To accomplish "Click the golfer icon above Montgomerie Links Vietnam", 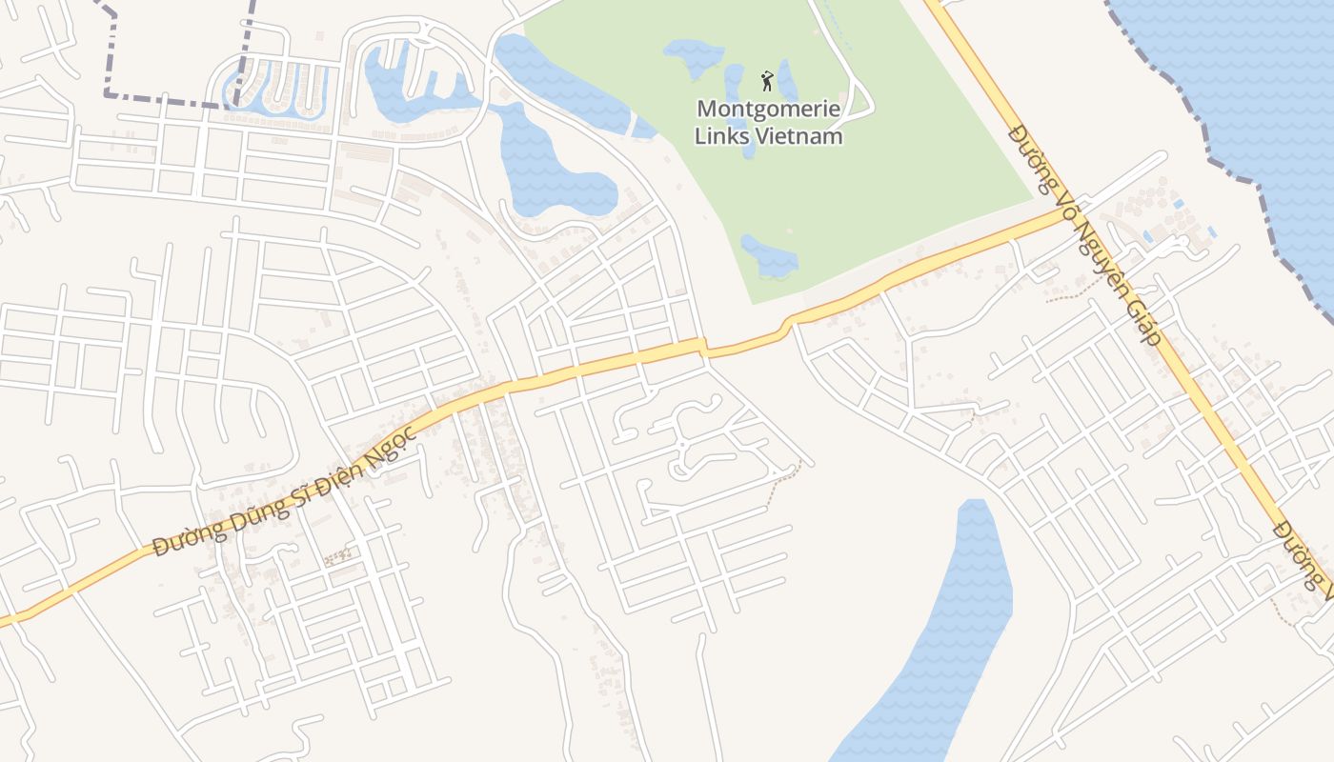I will [767, 80].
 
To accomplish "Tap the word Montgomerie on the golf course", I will [768, 109].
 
